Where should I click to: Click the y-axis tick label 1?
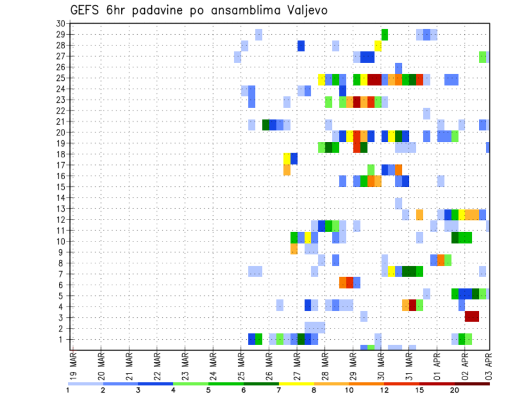pos(63,339)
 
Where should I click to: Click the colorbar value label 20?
pos(455,390)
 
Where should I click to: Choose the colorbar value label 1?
pos(68,390)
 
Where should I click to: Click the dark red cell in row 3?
pos(472,316)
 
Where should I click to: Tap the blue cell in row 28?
pos(301,46)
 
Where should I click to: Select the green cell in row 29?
pos(385,35)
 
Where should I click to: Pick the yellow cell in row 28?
pos(378,46)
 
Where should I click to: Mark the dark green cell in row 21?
pos(266,125)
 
